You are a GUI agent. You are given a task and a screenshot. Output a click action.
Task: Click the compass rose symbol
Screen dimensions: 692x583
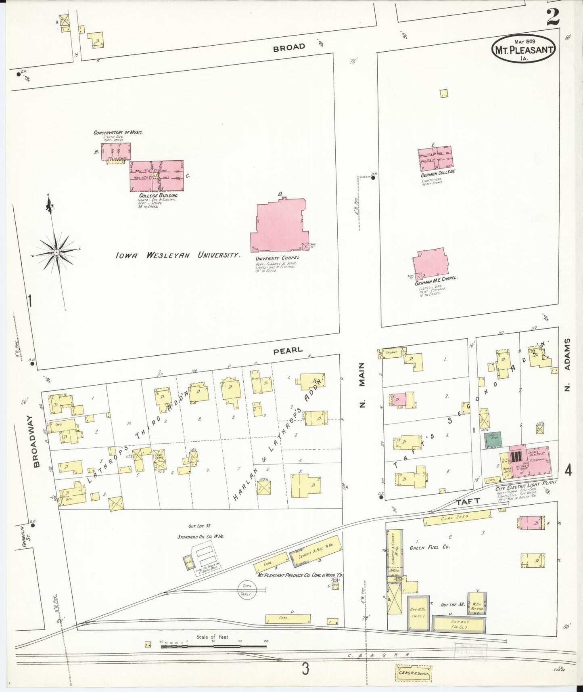click(x=56, y=252)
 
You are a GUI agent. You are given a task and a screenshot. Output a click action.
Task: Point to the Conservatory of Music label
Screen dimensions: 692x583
click(x=118, y=132)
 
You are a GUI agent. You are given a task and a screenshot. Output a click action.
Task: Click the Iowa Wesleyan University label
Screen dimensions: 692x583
click(x=178, y=255)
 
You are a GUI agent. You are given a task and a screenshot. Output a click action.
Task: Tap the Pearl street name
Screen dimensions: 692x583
click(x=288, y=350)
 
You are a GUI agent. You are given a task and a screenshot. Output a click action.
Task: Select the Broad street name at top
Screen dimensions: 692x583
click(x=289, y=47)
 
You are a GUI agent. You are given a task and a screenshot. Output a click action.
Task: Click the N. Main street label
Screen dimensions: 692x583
click(x=362, y=385)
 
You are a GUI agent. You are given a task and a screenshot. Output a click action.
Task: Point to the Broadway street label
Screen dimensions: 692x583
click(x=36, y=441)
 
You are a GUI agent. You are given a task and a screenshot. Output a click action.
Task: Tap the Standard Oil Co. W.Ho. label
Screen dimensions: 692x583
click(x=201, y=537)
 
